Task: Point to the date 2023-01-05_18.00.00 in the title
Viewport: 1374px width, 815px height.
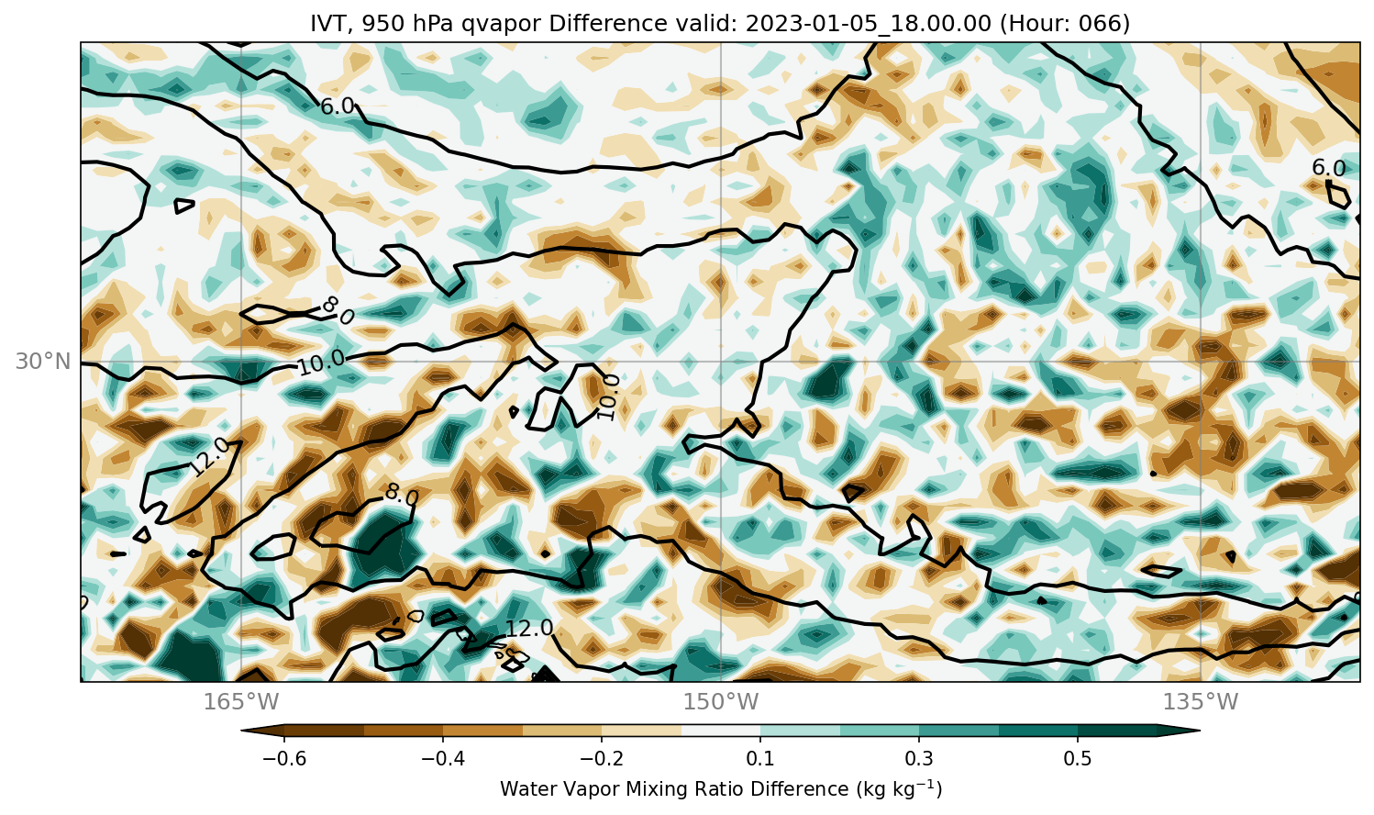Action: [868, 23]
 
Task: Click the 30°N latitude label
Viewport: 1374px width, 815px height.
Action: [43, 362]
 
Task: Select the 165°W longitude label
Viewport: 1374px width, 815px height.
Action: [241, 701]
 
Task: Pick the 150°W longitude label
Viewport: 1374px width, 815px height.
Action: [721, 701]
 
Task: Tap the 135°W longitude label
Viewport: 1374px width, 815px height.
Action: [1201, 701]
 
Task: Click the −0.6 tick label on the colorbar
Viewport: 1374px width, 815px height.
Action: [284, 759]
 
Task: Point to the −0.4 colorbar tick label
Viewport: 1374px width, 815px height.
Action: [443, 759]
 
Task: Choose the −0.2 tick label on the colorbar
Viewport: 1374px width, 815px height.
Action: [602, 759]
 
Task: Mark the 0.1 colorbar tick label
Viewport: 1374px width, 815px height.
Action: [760, 759]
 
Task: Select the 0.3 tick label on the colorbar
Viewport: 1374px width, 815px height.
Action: [919, 759]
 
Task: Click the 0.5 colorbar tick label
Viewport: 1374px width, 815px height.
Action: [1078, 759]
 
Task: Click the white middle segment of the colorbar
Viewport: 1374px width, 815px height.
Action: [721, 731]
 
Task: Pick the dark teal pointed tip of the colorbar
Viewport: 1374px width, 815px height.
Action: [1179, 731]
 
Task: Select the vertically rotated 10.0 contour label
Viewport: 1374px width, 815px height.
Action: [608, 397]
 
